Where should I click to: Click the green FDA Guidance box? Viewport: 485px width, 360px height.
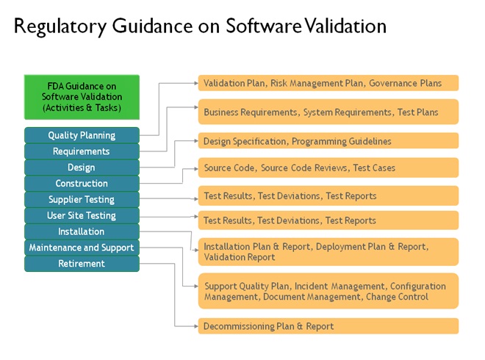[x=82, y=97]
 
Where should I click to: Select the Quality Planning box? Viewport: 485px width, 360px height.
[x=82, y=135]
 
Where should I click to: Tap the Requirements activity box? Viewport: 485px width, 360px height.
[x=82, y=151]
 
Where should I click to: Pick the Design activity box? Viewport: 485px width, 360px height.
[x=82, y=168]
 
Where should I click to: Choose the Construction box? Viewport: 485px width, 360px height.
[x=82, y=184]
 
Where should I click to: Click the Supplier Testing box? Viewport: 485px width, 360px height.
[x=82, y=200]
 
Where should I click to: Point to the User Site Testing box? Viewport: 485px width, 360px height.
[x=82, y=215]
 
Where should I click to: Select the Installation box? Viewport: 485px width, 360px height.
[x=82, y=231]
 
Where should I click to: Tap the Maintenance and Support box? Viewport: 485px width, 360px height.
[x=82, y=248]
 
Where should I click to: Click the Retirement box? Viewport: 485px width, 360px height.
[x=82, y=264]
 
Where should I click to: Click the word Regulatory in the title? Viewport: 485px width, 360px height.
[x=60, y=27]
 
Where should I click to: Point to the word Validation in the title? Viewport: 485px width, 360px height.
[x=345, y=26]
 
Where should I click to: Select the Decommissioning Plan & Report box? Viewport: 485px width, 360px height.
[x=328, y=326]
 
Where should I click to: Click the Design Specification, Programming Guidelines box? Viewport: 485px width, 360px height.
[x=328, y=141]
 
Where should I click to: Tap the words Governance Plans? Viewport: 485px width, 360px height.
[x=405, y=83]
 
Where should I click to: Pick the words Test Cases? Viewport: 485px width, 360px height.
[x=374, y=168]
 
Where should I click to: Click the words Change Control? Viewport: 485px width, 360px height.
[x=397, y=297]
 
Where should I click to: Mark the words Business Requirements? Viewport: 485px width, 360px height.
[x=251, y=112]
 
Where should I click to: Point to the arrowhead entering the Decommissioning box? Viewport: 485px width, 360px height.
[x=196, y=326]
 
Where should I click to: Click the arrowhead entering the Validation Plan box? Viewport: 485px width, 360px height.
[x=196, y=83]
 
